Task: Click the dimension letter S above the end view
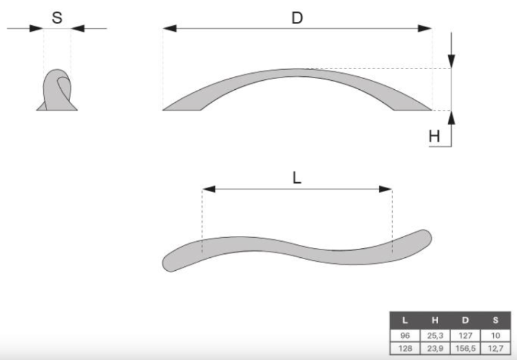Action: pos(57,18)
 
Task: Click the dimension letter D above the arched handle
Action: pos(297,18)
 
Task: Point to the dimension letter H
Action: pos(434,136)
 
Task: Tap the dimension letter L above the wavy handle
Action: pos(297,178)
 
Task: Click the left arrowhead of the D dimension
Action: pos(169,28)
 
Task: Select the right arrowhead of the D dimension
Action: pos(425,28)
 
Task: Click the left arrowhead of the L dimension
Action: pos(209,189)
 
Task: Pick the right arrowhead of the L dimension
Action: pos(385,189)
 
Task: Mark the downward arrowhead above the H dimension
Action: pos(451,61)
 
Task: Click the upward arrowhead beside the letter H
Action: pos(451,118)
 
